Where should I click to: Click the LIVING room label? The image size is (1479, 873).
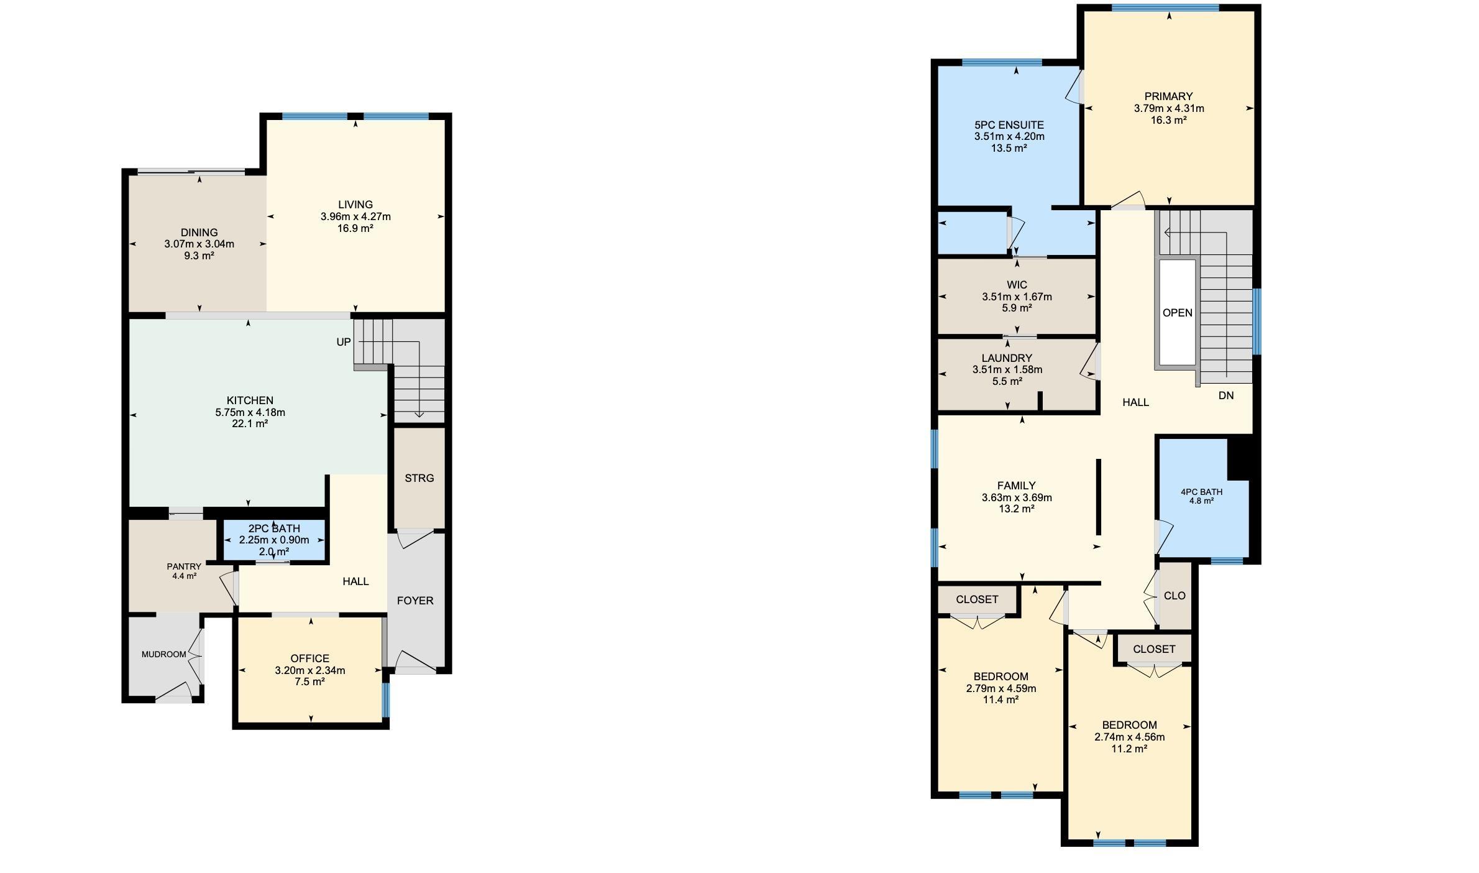pyautogui.click(x=355, y=205)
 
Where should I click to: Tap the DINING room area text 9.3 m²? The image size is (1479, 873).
pyautogui.click(x=199, y=256)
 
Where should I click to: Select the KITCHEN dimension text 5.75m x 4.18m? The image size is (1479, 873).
pyautogui.click(x=250, y=412)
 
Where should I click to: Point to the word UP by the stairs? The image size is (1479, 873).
pyautogui.click(x=344, y=342)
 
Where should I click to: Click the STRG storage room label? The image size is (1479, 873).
pyautogui.click(x=419, y=478)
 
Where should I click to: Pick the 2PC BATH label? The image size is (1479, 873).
pyautogui.click(x=274, y=529)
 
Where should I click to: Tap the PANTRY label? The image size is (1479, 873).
pyautogui.click(x=184, y=566)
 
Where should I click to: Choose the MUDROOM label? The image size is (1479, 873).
pyautogui.click(x=164, y=654)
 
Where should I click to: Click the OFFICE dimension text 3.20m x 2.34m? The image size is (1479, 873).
pyautogui.click(x=310, y=670)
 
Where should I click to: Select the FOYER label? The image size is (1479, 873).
pyautogui.click(x=415, y=601)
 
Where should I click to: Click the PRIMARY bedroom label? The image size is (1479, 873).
pyautogui.click(x=1169, y=96)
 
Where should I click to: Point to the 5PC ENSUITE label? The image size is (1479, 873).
pyautogui.click(x=1009, y=125)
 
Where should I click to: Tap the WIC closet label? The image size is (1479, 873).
pyautogui.click(x=1017, y=285)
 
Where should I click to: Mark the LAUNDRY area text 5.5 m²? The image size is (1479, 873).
pyautogui.click(x=1007, y=381)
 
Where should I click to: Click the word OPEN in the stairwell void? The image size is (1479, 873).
pyautogui.click(x=1178, y=313)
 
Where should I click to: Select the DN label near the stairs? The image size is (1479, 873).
pyautogui.click(x=1226, y=395)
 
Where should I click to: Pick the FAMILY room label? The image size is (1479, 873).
pyautogui.click(x=1017, y=486)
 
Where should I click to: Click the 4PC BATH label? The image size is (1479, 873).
pyautogui.click(x=1202, y=492)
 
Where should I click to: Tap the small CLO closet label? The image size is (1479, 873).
pyautogui.click(x=1174, y=596)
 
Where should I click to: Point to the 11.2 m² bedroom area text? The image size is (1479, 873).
pyautogui.click(x=1129, y=749)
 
